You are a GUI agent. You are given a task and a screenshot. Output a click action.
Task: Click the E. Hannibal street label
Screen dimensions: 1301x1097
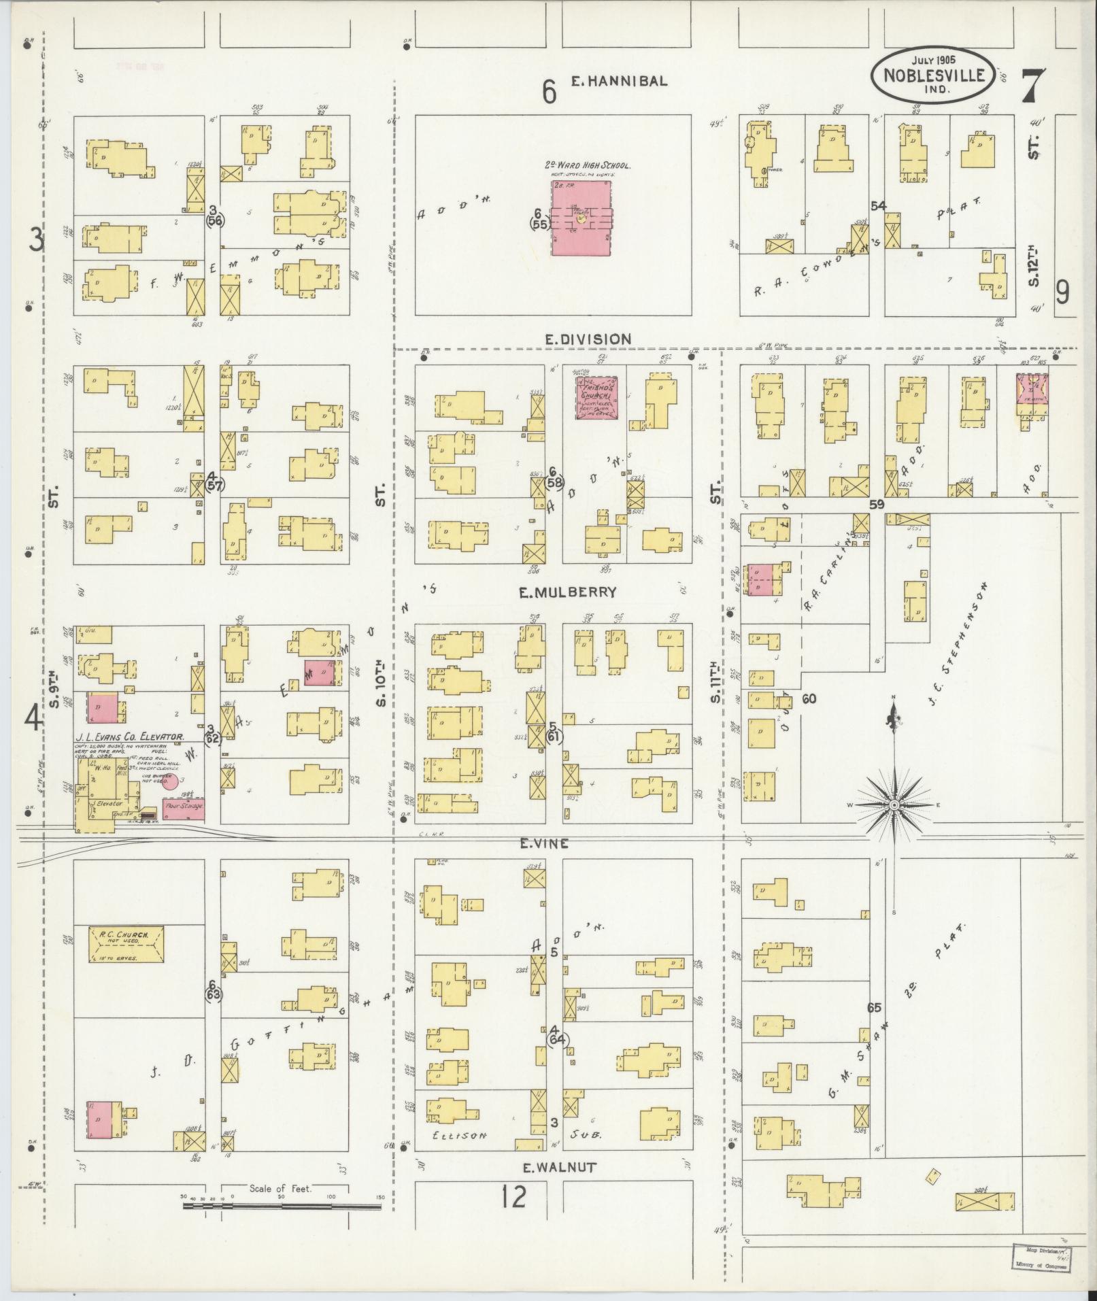click(x=618, y=81)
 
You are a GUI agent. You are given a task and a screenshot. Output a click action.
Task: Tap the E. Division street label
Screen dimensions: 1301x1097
click(x=588, y=339)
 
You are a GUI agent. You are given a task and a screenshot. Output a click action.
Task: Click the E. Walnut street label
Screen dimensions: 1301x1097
click(x=559, y=1168)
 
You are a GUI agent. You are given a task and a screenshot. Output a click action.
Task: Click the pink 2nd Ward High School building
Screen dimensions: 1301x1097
click(x=581, y=218)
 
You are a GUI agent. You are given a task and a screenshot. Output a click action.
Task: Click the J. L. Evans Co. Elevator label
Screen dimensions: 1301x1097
click(x=129, y=736)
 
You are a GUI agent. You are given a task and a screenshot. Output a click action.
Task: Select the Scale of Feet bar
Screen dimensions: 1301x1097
click(x=282, y=1206)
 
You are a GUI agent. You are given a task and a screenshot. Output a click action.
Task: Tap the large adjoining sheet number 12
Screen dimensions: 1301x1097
click(x=513, y=1197)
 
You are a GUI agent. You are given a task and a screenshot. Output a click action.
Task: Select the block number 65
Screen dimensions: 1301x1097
click(x=874, y=1008)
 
